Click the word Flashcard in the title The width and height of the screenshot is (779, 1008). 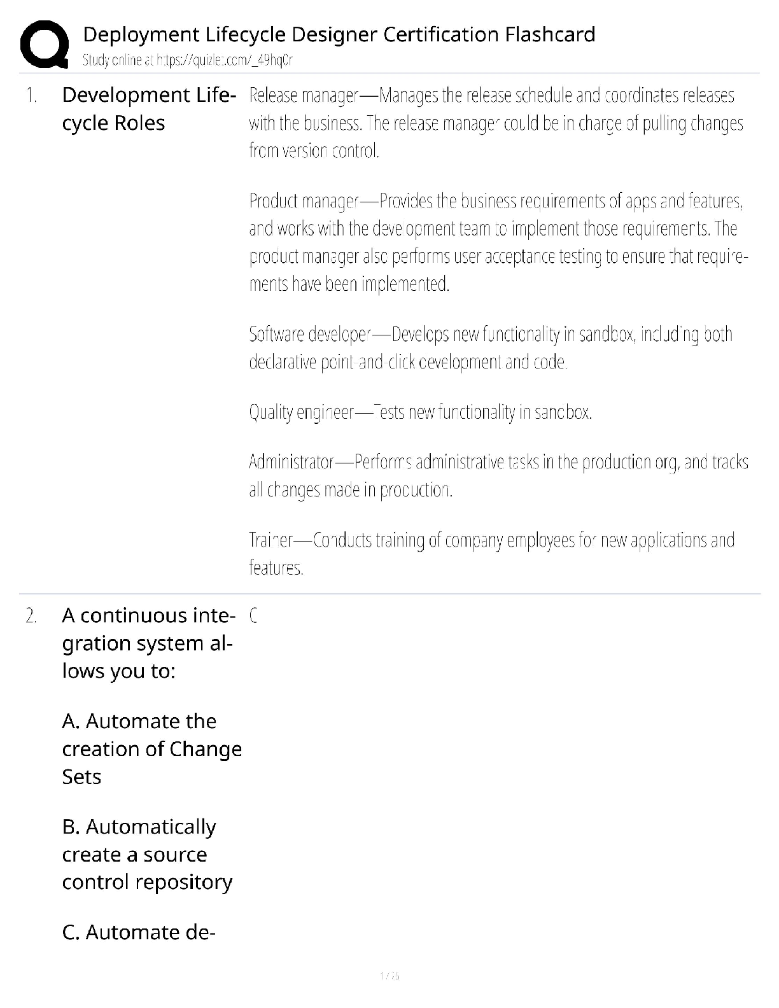click(x=550, y=34)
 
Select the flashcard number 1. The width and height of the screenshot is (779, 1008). click(x=31, y=96)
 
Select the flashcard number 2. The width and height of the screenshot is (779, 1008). click(x=31, y=616)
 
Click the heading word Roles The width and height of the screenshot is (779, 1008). click(x=139, y=123)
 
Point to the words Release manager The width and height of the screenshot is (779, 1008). click(x=304, y=96)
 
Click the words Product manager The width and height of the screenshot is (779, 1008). click(x=304, y=201)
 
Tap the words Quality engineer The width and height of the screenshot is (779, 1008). click(x=301, y=412)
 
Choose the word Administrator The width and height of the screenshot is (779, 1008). click(x=291, y=461)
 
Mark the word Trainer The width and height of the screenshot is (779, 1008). click(x=271, y=540)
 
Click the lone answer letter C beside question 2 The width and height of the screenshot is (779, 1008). click(x=253, y=616)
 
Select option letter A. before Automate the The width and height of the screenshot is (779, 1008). click(x=71, y=722)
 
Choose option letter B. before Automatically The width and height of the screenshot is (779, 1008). click(x=71, y=827)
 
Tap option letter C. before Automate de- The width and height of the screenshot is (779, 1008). click(x=71, y=933)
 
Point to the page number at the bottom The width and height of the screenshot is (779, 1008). click(x=389, y=976)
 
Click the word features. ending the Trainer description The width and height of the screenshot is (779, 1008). click(x=276, y=568)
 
